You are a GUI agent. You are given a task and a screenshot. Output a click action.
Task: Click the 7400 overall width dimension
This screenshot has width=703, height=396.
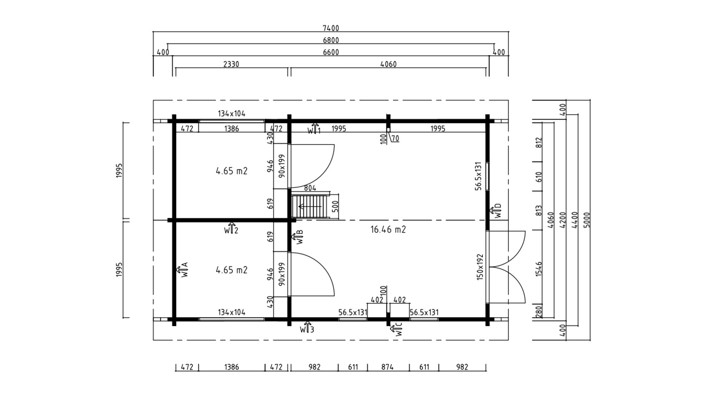pos(331,28)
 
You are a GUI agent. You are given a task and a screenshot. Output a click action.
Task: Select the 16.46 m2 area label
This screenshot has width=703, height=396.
pos(388,230)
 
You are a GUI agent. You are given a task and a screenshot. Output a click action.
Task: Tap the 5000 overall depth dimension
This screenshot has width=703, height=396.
pos(587,220)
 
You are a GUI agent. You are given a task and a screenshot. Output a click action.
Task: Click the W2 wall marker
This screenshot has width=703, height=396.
pos(231,228)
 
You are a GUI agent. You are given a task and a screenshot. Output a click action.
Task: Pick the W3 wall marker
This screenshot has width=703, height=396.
pos(307,327)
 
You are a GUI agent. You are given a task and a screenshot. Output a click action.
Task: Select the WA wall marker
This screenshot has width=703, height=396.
pos(182,269)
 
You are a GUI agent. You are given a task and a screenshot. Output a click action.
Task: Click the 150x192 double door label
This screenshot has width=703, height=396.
pos(480,267)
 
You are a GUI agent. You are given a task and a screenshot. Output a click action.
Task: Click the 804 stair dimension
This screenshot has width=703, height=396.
pos(310,188)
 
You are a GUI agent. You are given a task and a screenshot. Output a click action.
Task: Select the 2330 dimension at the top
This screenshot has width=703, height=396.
pos(231,64)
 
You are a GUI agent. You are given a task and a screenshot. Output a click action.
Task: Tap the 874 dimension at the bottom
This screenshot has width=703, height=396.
pos(387,367)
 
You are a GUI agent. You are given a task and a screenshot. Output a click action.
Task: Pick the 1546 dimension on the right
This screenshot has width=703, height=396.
pos(538,269)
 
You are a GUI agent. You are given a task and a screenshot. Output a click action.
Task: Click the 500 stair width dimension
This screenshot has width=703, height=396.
pos(335,206)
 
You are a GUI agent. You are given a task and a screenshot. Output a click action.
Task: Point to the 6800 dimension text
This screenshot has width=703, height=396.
pos(331,40)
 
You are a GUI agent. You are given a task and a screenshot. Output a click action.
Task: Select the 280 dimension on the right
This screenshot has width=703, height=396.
pos(538,312)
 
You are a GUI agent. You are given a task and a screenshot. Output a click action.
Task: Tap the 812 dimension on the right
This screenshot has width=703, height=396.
pos(538,143)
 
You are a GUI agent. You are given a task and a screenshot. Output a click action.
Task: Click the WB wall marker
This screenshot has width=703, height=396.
pos(297,237)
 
